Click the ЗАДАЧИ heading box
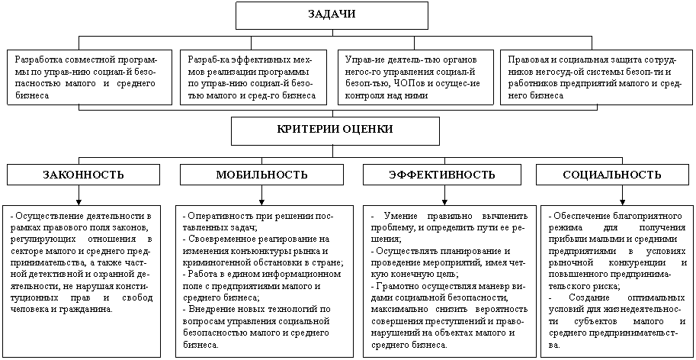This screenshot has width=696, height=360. click(x=332, y=15)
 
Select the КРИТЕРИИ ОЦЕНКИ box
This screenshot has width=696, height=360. click(x=335, y=130)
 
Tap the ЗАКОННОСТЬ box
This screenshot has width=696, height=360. click(x=83, y=175)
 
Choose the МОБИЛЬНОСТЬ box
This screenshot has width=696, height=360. click(x=261, y=175)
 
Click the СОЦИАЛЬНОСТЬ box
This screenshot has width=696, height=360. click(x=612, y=175)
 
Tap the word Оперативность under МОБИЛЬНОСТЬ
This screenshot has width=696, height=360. click(x=215, y=217)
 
